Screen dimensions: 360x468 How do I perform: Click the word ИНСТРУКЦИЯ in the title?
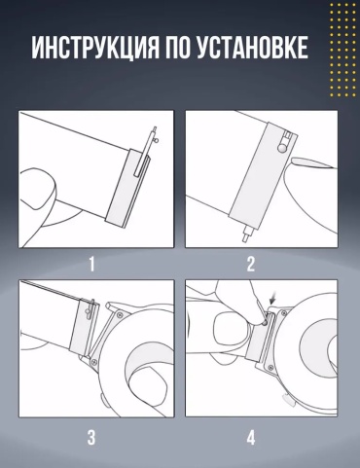point(95,48)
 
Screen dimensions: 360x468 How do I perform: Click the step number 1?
point(92,265)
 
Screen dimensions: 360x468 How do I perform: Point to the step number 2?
point(251,265)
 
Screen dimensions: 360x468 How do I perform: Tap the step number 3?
point(91,438)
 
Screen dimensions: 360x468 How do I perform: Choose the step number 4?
point(251,438)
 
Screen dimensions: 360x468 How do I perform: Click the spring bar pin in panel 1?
point(146,151)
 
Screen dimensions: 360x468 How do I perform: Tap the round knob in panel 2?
point(282,149)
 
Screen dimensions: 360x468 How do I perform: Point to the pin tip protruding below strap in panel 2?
point(246,234)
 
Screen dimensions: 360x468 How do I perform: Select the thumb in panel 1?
point(36,188)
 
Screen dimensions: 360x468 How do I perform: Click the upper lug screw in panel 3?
point(121,314)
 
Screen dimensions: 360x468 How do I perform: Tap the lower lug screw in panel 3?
point(93,362)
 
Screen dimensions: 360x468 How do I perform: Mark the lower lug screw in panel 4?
point(270,367)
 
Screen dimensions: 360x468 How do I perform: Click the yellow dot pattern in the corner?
point(342,50)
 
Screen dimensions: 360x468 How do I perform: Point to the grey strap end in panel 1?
point(127,188)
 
